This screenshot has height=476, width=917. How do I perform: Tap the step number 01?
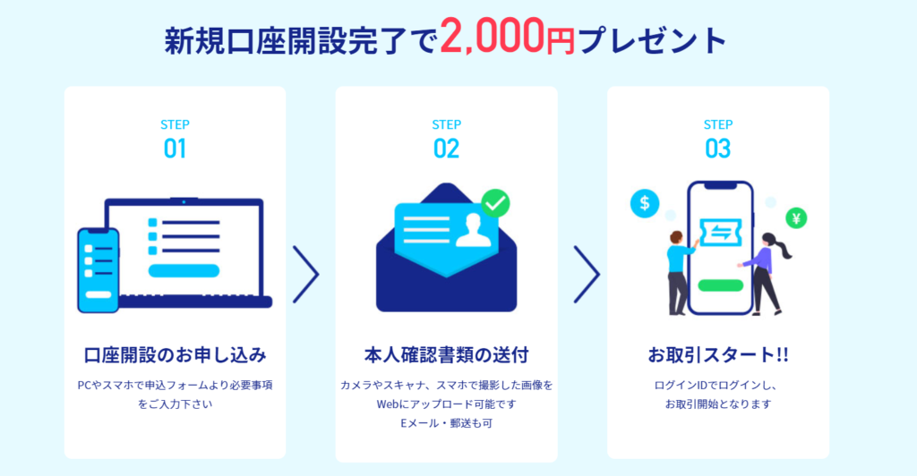175,149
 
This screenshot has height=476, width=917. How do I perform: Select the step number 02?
446,149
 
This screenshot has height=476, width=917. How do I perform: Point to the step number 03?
717,149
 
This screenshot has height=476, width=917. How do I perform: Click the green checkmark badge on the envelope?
495,203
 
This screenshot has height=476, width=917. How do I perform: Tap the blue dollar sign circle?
645,203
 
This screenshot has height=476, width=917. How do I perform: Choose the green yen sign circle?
796,217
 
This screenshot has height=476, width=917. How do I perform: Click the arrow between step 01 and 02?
306,274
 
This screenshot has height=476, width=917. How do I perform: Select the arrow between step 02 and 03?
587,274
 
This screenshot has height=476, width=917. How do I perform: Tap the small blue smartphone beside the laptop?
99,270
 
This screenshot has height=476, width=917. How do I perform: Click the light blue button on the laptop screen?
184,270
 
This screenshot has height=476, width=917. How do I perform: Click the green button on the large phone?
721,285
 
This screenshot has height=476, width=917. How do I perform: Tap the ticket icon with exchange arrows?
721,233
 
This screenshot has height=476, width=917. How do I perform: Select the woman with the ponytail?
765,273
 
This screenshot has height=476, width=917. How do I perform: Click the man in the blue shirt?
680,273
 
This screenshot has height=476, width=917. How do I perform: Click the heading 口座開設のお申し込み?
175,354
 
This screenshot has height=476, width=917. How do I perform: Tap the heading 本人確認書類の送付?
446,354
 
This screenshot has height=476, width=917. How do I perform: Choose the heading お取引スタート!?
717,354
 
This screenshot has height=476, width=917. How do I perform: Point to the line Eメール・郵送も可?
446,423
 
